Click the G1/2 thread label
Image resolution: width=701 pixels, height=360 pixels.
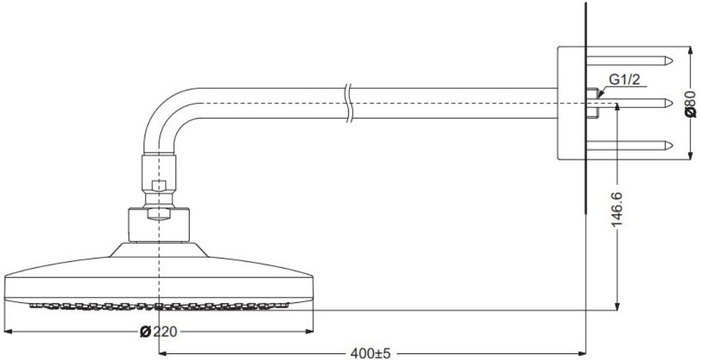pos(625,80)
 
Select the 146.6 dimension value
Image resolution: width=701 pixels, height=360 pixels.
pos(617,210)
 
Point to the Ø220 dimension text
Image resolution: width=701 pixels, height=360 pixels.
pos(159,332)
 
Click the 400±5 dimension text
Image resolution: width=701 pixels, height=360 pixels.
pos(370,354)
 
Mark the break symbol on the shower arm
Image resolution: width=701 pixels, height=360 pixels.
pos(349,103)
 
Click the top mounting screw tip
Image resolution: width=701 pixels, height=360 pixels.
pos(669,60)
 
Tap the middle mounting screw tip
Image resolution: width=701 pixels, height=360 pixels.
pos(669,103)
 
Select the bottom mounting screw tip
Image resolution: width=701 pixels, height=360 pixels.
pos(669,145)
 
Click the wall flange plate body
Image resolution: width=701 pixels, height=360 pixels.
pos(572,103)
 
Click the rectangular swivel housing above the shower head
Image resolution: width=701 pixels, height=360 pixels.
pos(159,225)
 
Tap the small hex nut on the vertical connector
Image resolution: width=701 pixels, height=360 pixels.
pos(159,186)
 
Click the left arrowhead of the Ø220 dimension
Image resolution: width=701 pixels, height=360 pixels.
pos(7,331)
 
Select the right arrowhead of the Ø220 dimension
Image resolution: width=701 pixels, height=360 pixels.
pos(309,331)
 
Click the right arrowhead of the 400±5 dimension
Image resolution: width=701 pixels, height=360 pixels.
pos(582,354)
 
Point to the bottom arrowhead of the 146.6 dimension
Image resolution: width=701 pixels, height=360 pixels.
pos(617,306)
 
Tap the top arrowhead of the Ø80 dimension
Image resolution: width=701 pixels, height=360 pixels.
pos(690,50)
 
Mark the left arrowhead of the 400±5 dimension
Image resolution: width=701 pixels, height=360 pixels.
pos(163,354)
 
